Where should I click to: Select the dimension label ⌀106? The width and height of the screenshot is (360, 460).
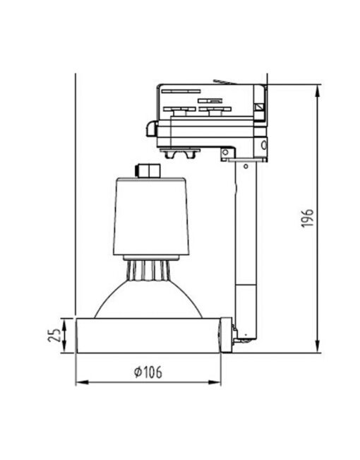click(147, 372)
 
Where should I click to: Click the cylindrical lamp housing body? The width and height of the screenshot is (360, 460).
click(151, 216)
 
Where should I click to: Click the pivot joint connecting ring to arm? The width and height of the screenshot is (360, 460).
click(227, 334)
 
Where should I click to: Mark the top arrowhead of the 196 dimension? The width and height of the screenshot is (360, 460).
click(318, 89)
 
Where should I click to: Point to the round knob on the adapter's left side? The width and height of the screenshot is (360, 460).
click(150, 129)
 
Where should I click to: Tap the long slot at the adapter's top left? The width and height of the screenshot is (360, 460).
click(180, 90)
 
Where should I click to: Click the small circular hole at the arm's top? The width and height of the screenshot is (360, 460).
click(225, 152)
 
